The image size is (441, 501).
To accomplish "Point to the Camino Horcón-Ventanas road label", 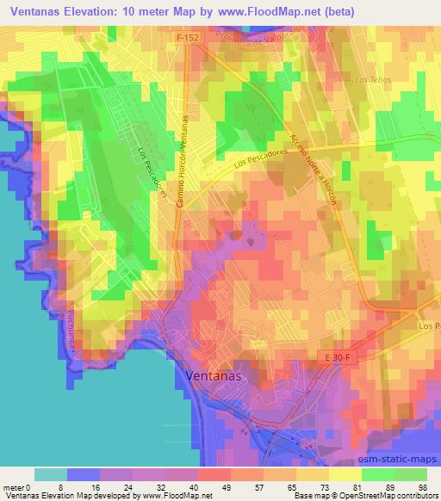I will [183, 158].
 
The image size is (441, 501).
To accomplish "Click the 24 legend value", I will [129, 486].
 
